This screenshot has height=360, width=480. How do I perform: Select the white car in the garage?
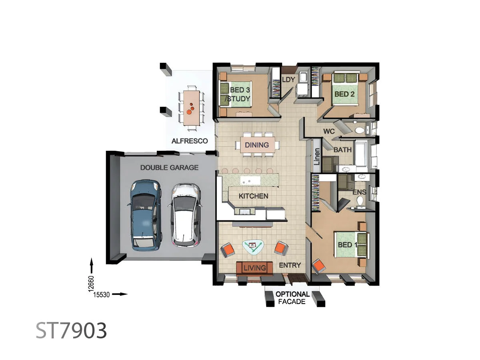click(186, 215)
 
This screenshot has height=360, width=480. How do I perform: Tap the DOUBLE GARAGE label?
click(169, 168)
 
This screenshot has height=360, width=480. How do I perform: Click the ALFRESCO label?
click(189, 141)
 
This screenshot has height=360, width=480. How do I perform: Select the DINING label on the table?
click(257, 145)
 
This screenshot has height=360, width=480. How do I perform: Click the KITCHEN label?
click(253, 196)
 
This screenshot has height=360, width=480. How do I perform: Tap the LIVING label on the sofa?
click(255, 268)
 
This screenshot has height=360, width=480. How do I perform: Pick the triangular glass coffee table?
click(252, 248)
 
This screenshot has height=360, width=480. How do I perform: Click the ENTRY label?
click(290, 265)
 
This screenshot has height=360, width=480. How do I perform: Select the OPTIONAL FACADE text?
click(292, 298)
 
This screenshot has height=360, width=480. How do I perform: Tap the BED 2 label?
click(345, 94)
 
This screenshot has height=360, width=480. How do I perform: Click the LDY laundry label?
click(288, 80)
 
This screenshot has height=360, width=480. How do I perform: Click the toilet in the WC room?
click(359, 130)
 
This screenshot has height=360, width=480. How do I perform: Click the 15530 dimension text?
click(102, 294)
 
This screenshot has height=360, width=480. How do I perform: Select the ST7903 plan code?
click(72, 330)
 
